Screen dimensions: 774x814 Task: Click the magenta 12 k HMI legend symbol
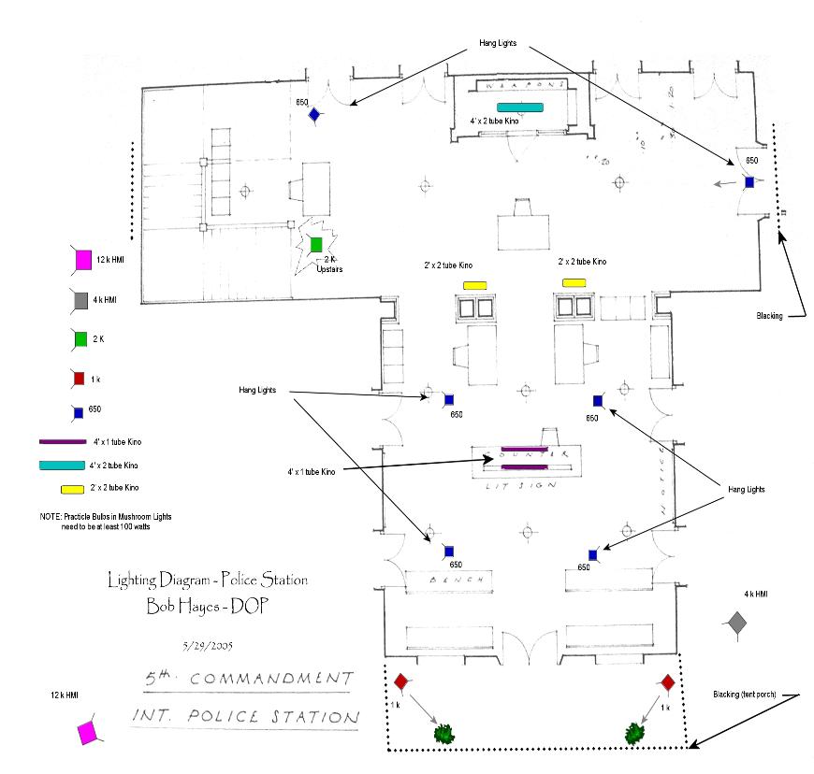click(x=81, y=258)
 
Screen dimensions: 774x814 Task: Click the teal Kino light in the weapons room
click(x=520, y=107)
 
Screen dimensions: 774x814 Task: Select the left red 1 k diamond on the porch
click(x=400, y=682)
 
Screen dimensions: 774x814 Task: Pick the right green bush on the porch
click(x=636, y=732)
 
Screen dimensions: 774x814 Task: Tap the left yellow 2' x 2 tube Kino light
click(x=474, y=284)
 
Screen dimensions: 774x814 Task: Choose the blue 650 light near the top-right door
click(x=749, y=181)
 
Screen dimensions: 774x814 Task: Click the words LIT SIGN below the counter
click(x=520, y=487)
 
